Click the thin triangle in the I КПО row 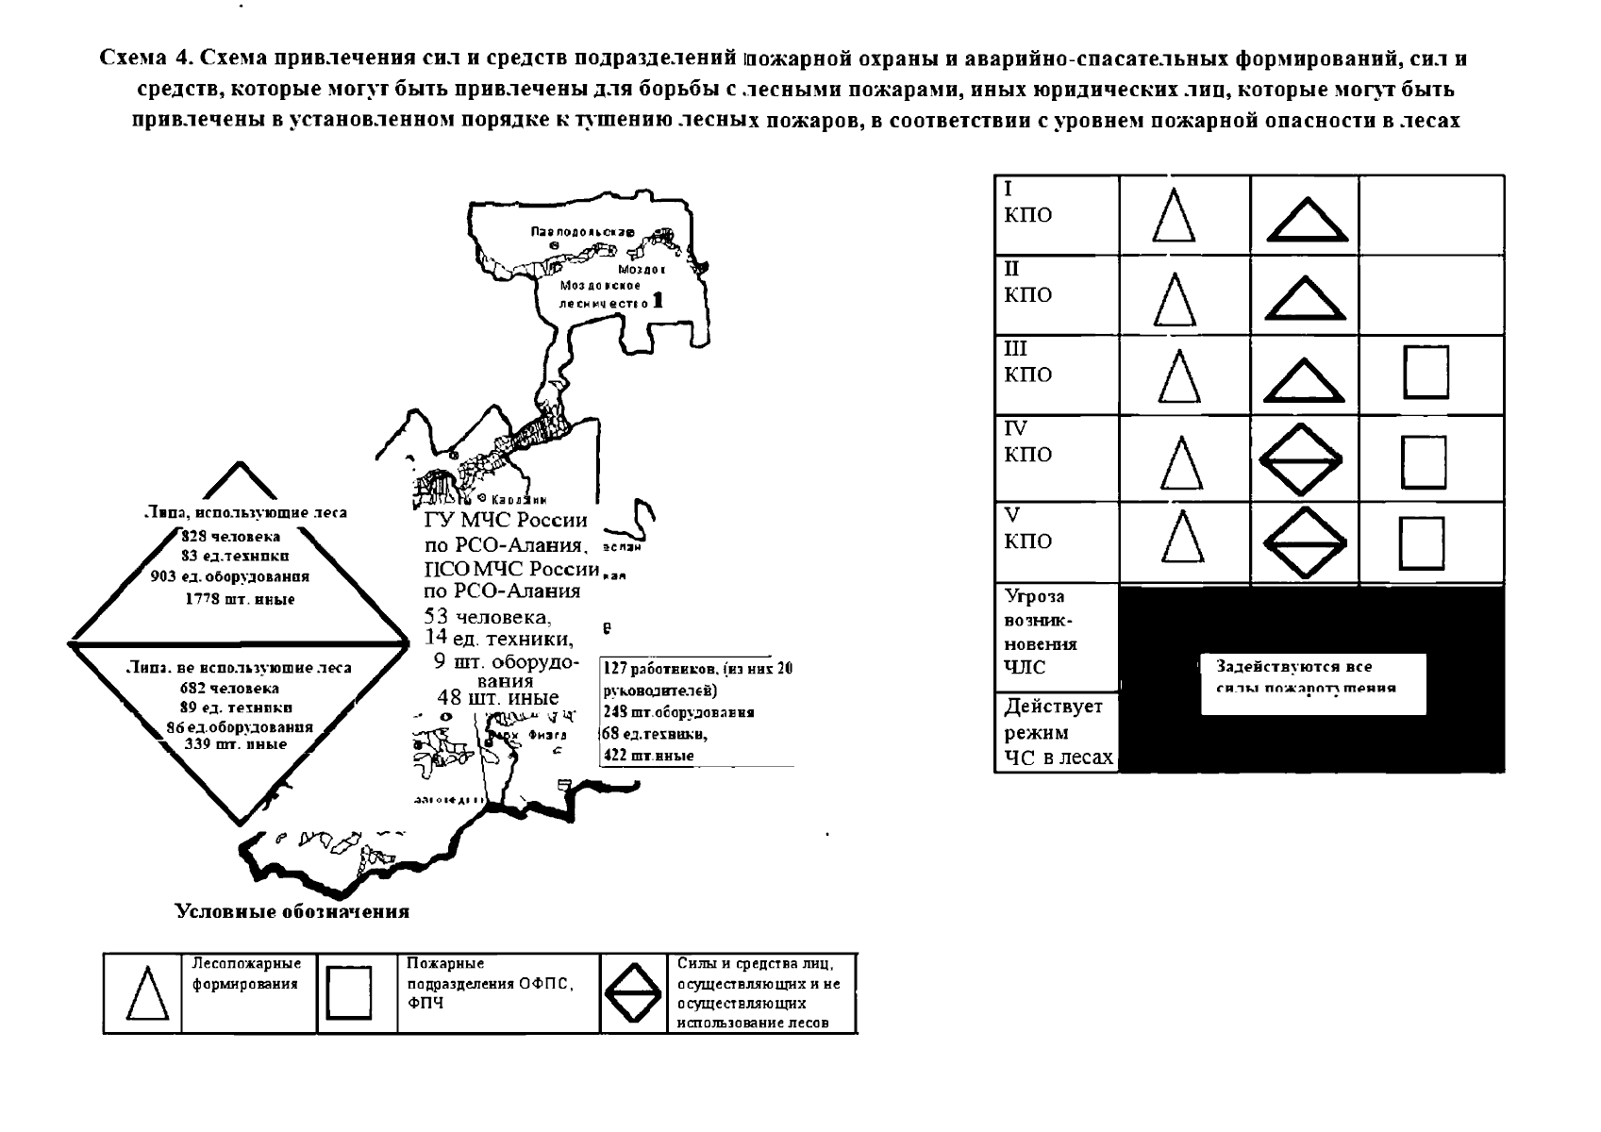click(1174, 216)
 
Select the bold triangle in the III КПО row click(1305, 382)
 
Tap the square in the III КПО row click(1426, 373)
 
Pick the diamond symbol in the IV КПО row click(1302, 459)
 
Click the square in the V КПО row click(1422, 543)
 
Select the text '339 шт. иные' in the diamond click(236, 744)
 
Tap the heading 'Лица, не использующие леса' click(239, 668)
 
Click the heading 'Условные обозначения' click(292, 911)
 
